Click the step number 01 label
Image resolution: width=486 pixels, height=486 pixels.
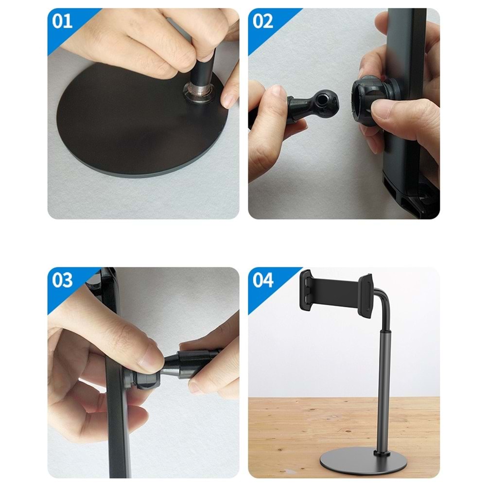coord(63,22)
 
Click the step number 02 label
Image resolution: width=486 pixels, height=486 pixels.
coord(263,22)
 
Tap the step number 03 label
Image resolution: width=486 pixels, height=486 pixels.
coord(63,280)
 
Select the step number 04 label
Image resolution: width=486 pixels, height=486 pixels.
coord(263,280)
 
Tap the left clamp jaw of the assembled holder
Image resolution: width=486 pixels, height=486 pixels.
coord(306,289)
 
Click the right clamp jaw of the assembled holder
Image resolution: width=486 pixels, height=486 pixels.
coord(365,292)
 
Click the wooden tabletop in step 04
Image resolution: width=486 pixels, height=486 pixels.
coord(292,433)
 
